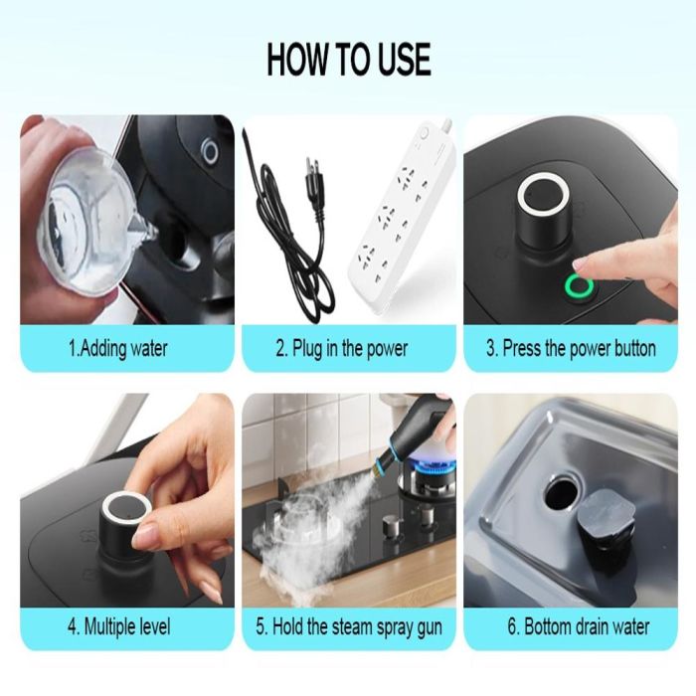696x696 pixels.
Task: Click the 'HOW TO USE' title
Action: click(349, 59)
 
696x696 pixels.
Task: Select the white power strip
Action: click(402, 218)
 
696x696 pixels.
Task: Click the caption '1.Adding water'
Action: click(118, 348)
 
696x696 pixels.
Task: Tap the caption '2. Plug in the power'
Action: click(341, 348)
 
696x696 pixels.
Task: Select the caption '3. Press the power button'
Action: click(571, 348)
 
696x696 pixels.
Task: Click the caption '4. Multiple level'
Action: click(119, 626)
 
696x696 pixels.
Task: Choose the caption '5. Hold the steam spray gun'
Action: click(349, 627)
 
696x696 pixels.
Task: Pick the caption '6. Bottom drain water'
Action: click(579, 626)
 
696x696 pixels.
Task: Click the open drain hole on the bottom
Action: click(562, 494)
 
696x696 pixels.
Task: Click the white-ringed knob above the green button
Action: click(544, 209)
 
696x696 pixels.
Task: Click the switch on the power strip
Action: click(424, 133)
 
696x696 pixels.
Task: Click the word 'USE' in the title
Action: click(405, 59)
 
